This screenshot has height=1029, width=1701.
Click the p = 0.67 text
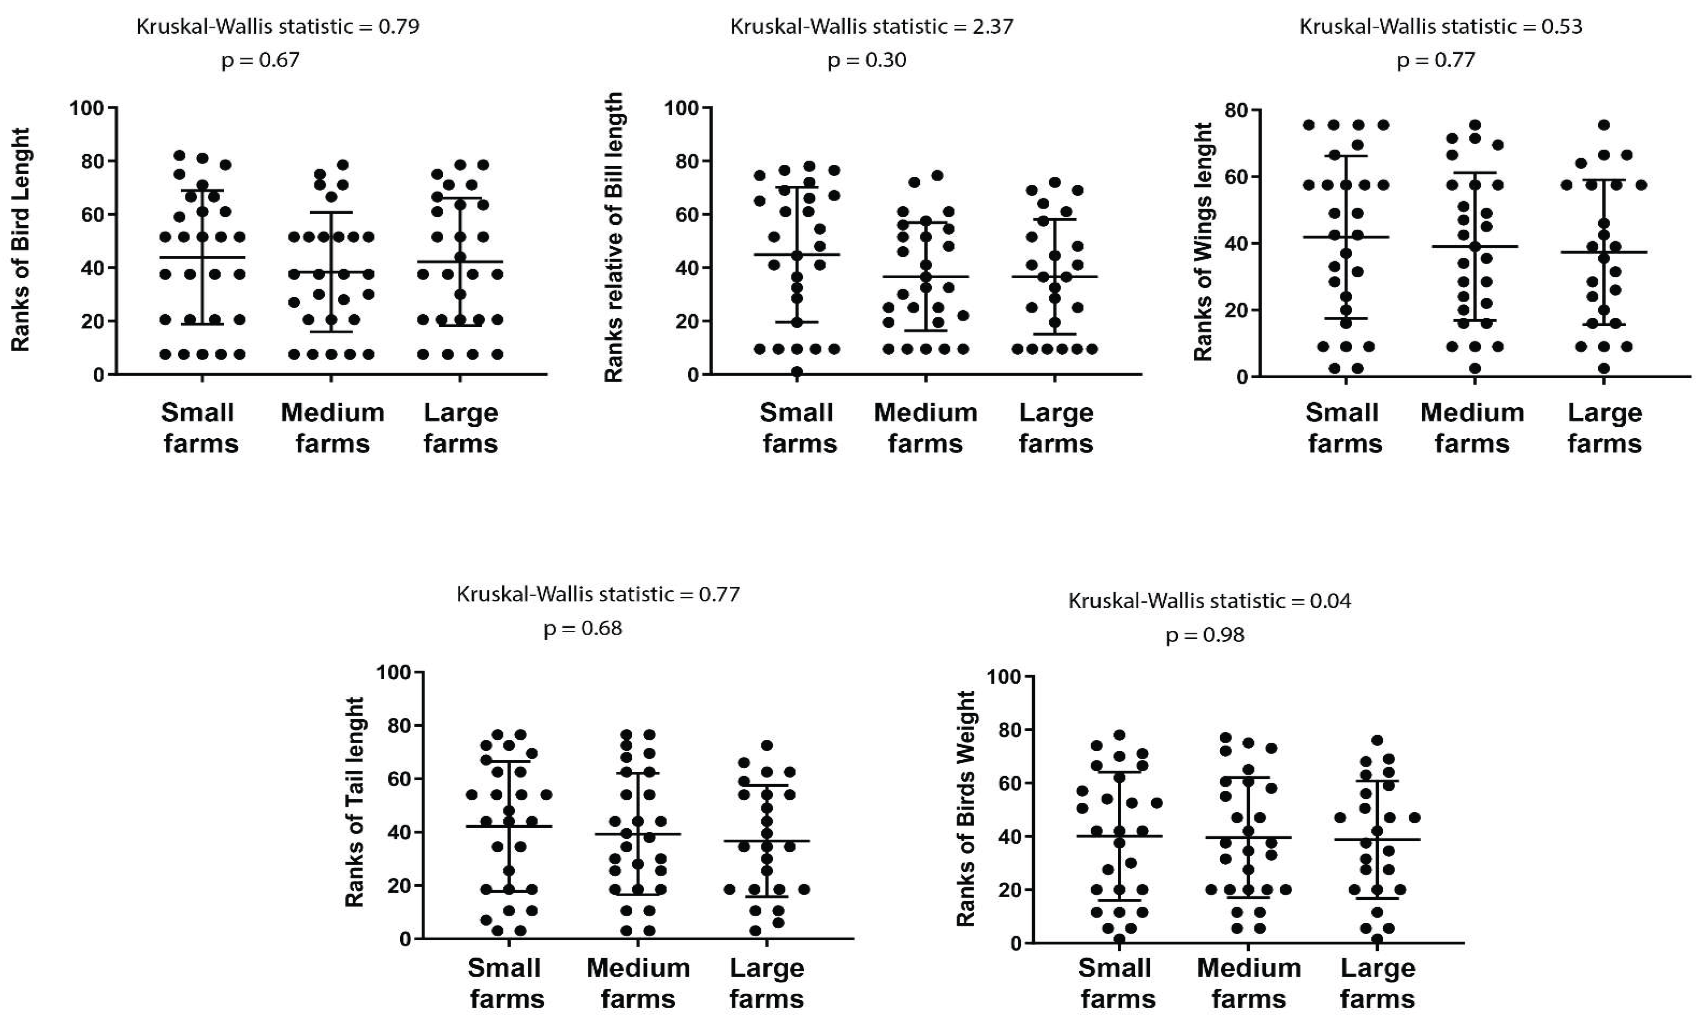point(260,60)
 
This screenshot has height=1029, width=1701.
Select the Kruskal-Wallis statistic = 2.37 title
point(871,26)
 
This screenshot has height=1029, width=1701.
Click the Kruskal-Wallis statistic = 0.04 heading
point(1209,600)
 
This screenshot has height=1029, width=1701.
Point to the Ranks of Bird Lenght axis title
point(20,240)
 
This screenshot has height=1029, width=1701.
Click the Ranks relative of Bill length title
point(614,237)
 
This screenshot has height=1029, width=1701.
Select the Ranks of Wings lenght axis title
point(1203,242)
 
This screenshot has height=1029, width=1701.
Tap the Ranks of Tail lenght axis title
point(354,802)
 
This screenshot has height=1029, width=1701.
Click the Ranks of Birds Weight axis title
point(965,808)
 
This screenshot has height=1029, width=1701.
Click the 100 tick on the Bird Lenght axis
point(86,108)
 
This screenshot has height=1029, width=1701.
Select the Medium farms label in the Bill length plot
point(925,428)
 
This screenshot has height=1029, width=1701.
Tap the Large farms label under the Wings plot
point(1604,428)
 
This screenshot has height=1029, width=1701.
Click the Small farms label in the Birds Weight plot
point(1117,983)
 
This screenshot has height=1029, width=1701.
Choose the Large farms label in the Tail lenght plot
point(766,983)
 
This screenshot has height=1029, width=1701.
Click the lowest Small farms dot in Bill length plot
point(797,371)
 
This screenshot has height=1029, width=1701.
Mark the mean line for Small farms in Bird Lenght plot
point(202,257)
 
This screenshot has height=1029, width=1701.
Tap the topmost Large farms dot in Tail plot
point(766,746)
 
